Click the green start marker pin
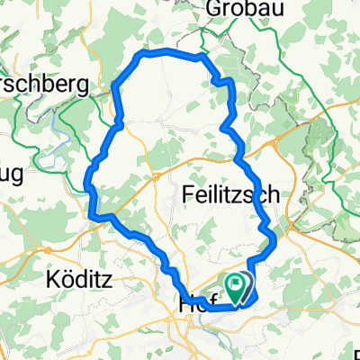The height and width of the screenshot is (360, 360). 238,289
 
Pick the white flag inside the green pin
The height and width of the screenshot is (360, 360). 238,285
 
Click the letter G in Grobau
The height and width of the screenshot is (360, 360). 214,9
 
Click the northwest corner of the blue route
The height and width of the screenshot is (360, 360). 139,56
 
